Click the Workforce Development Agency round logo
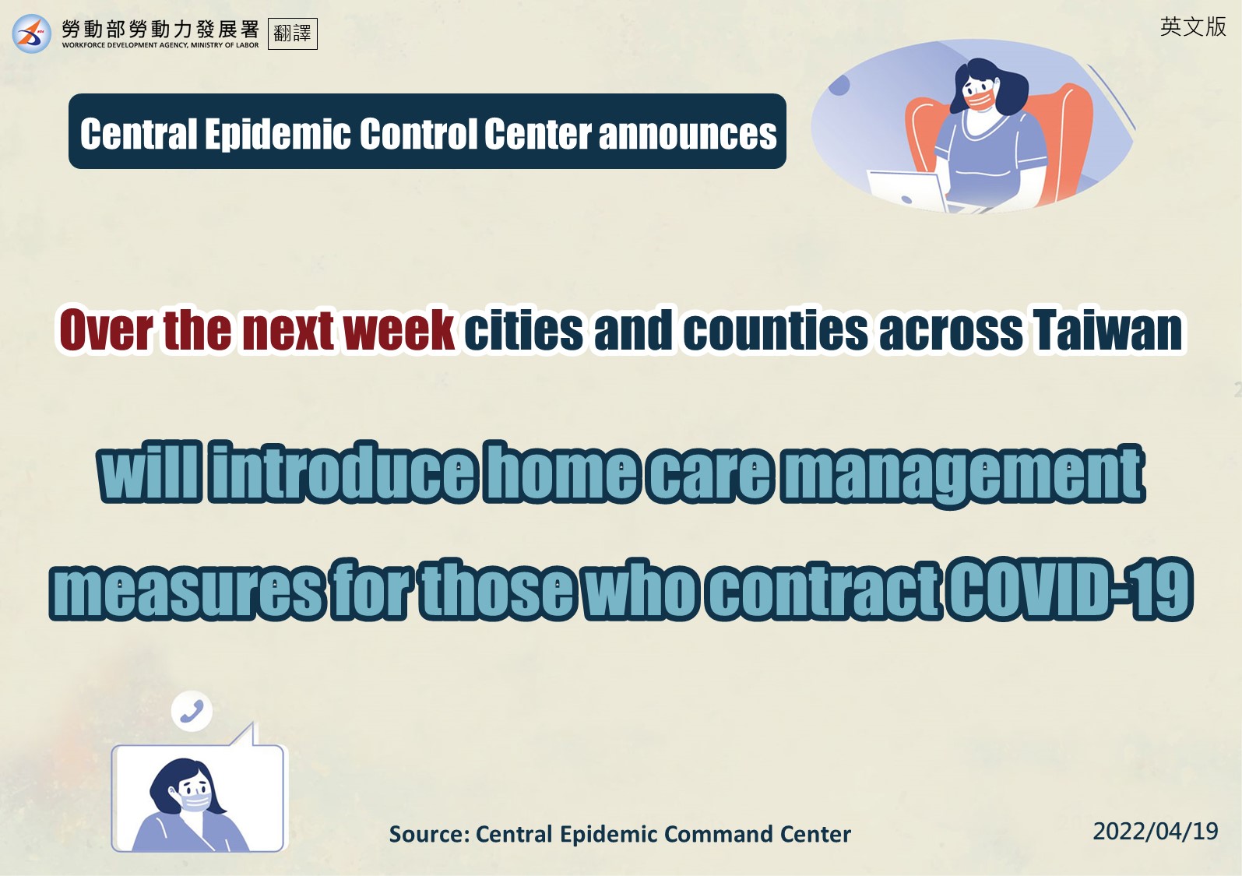click(32, 33)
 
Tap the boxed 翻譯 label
click(293, 33)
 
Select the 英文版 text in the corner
click(1193, 26)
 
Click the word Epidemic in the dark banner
click(278, 134)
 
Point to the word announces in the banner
click(688, 134)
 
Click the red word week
click(399, 330)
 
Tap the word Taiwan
click(1108, 330)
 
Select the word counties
click(776, 330)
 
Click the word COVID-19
click(1070, 589)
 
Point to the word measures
click(186, 590)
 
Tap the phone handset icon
click(192, 711)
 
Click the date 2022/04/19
click(1156, 831)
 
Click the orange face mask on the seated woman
click(980, 100)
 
